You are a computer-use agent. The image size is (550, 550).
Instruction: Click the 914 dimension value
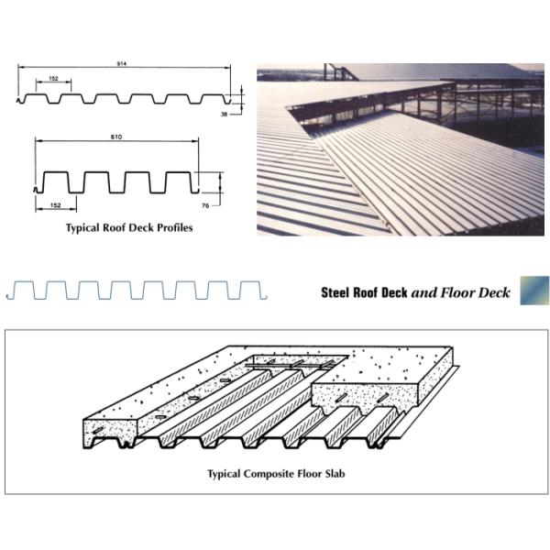(x=122, y=63)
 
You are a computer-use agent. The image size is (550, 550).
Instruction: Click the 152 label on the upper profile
(x=54, y=79)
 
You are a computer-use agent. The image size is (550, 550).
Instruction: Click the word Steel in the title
(x=335, y=293)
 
